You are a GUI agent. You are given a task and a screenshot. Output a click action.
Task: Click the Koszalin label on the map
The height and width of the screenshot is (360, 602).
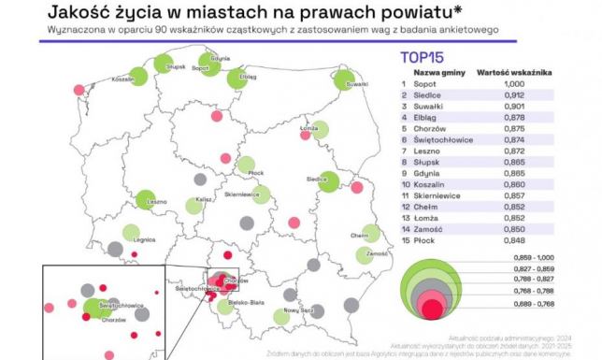pyautogui.click(x=121, y=80)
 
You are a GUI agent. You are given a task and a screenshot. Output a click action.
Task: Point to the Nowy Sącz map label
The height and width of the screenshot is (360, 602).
pyautogui.click(x=300, y=309)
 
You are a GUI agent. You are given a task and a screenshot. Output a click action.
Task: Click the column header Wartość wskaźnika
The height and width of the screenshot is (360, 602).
pyautogui.click(x=515, y=71)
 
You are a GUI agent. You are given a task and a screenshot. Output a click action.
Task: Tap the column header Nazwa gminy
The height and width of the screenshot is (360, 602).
pyautogui.click(x=439, y=71)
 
